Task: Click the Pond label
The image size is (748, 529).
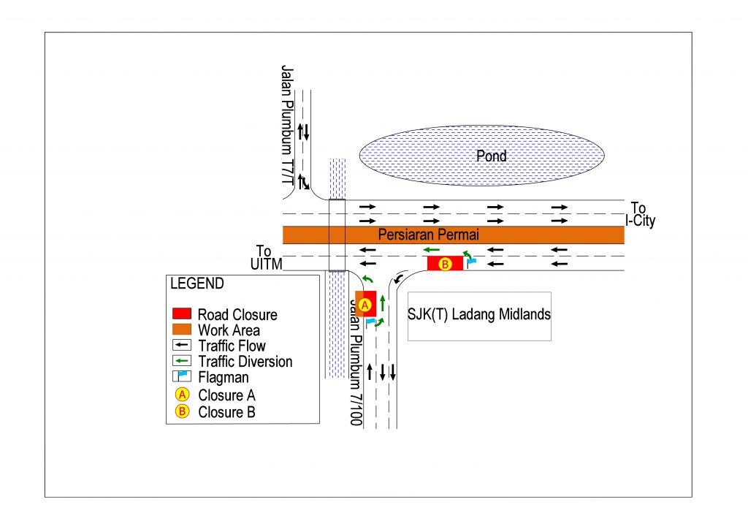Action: [492, 156]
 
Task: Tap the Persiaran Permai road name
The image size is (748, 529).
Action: [428, 235]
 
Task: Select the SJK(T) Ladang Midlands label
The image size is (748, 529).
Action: [478, 314]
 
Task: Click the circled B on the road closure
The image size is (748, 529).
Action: [446, 264]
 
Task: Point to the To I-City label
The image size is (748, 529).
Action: [641, 215]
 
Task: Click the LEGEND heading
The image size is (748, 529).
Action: [197, 283]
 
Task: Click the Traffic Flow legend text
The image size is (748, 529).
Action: [232, 346]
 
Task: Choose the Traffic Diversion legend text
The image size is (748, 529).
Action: [245, 362]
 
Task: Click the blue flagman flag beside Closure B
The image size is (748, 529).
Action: [471, 259]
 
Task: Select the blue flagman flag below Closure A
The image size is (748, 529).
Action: [370, 321]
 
